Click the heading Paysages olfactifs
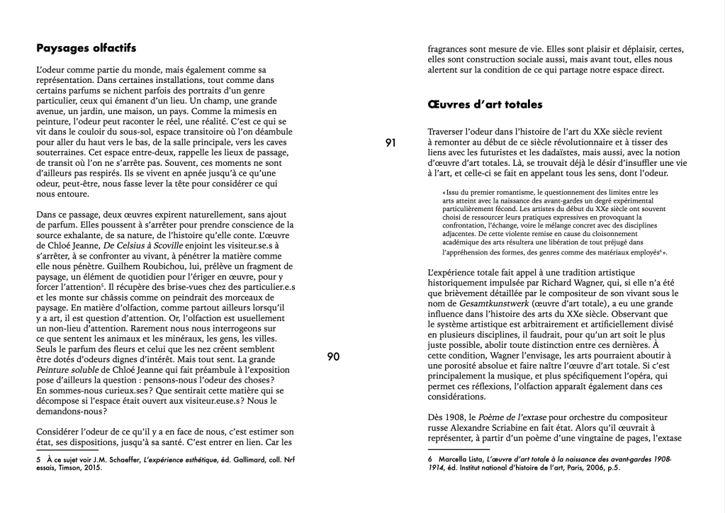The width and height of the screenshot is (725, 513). point(86,49)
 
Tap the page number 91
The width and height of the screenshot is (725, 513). point(390,143)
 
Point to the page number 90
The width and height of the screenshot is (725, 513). point(333,356)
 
